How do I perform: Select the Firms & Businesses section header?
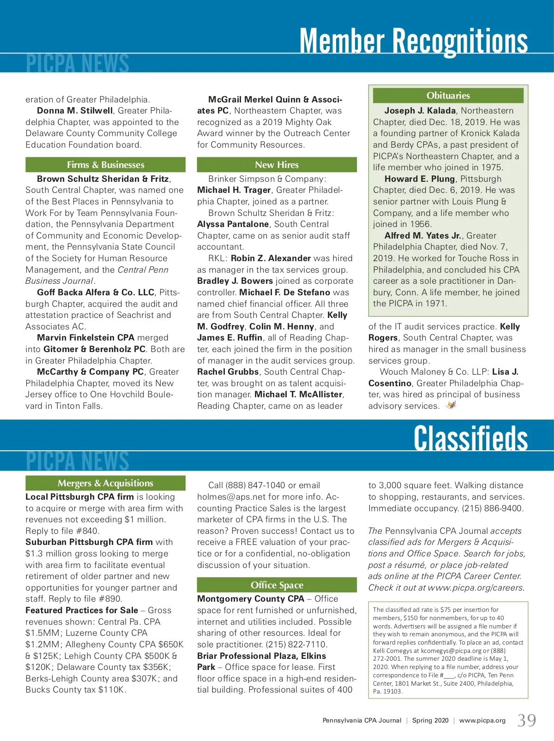click(105, 165)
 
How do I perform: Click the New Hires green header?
click(277, 165)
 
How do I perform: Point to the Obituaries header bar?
click(448, 96)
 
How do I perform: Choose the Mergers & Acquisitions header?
click(105, 483)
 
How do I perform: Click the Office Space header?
click(277, 585)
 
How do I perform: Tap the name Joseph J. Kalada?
click(420, 111)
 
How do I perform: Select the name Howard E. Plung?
click(420, 179)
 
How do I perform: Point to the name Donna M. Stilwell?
click(75, 111)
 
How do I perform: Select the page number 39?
click(527, 720)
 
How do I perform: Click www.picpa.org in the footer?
click(482, 721)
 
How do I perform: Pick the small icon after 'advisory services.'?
click(451, 406)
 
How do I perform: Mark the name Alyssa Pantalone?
click(233, 224)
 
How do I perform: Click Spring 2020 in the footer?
click(430, 721)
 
